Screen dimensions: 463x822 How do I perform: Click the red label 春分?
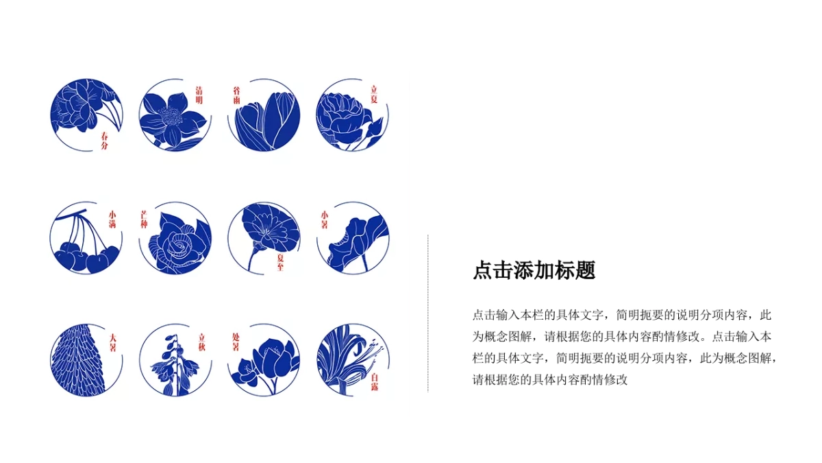(104, 141)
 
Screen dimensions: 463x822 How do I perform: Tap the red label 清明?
(199, 95)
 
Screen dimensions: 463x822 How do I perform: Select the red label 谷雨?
(237, 95)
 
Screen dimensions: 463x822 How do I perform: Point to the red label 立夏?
(374, 94)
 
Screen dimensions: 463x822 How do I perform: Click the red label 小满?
(112, 219)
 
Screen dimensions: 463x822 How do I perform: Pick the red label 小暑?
(325, 219)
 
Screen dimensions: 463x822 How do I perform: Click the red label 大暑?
(112, 342)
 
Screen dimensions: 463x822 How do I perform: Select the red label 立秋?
(202, 342)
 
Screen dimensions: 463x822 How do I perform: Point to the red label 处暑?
(236, 342)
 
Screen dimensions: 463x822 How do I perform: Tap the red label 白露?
(375, 381)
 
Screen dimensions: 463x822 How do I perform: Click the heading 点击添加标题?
(534, 270)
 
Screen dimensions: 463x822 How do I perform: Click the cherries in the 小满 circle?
(86, 257)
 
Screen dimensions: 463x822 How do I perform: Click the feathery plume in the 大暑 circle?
(79, 360)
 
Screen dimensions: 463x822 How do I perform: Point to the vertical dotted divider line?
(428, 313)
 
